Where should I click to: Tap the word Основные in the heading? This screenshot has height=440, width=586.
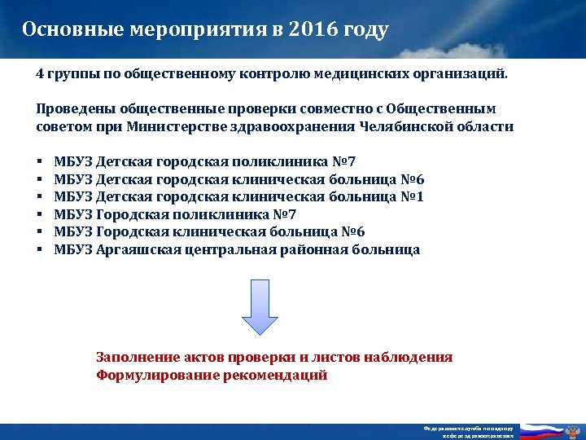tap(71, 31)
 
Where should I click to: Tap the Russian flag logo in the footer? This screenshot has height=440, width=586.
tap(544, 431)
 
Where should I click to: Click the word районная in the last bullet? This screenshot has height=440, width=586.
tap(313, 250)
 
